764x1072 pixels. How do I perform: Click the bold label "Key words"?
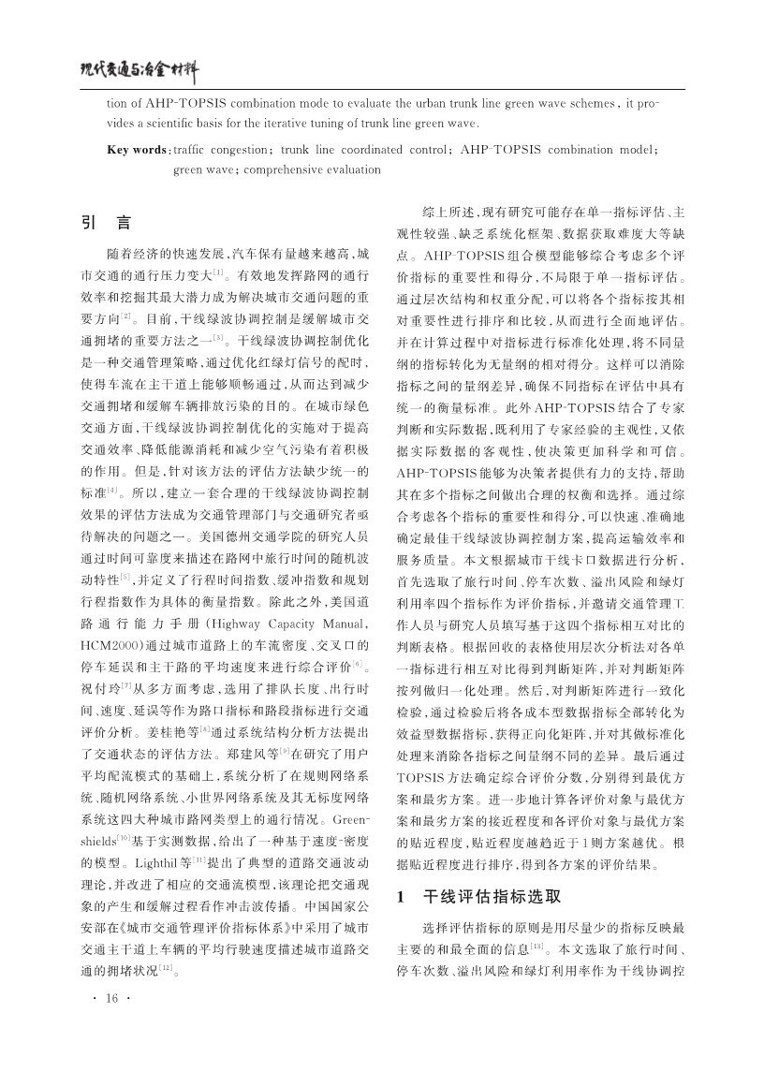point(137,150)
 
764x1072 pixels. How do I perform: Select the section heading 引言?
point(106,225)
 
